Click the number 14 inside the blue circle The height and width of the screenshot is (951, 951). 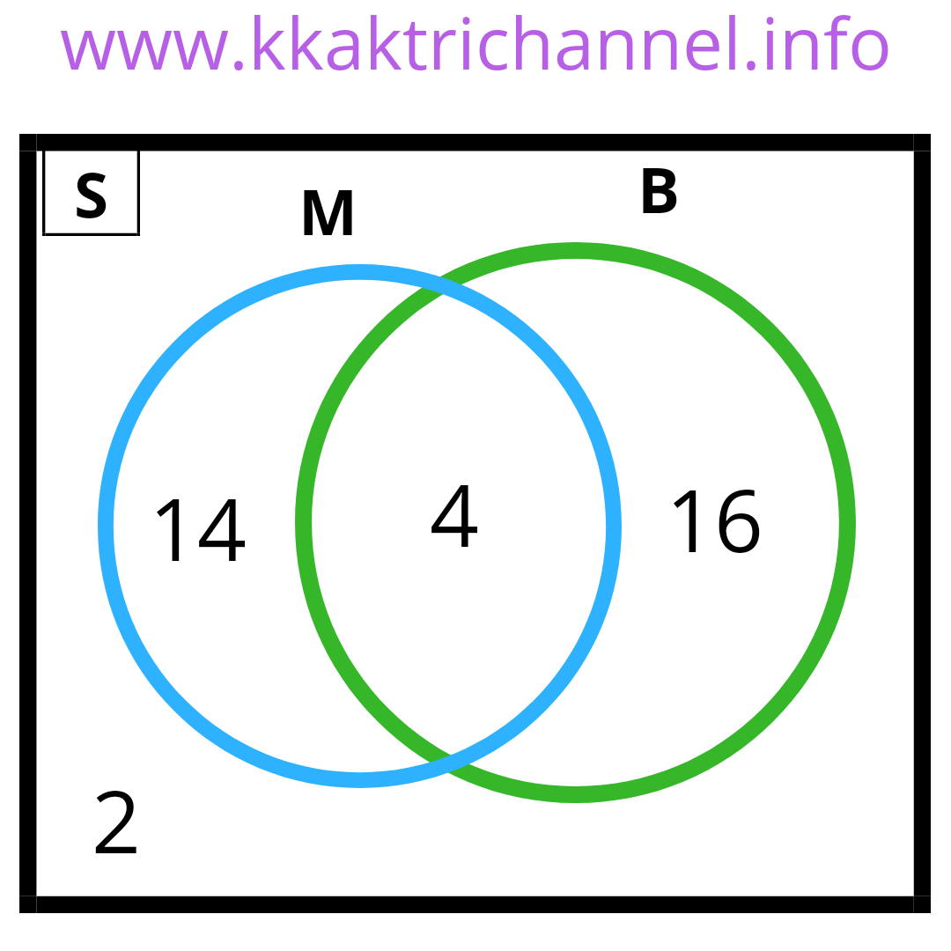pyautogui.click(x=200, y=531)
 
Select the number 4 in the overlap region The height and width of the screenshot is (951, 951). pyautogui.click(x=454, y=518)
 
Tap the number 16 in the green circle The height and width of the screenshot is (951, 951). pyautogui.click(x=714, y=522)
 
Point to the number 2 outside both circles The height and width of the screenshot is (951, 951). pyautogui.click(x=116, y=824)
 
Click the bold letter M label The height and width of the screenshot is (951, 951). pyautogui.click(x=328, y=215)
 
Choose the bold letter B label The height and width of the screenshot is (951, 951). pyautogui.click(x=659, y=192)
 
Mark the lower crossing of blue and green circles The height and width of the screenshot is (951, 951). pyautogui.click(x=450, y=763)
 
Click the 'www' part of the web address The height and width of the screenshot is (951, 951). pyautogui.click(x=143, y=49)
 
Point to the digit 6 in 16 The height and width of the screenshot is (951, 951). pyautogui.click(x=738, y=524)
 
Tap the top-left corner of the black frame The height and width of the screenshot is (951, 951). pyautogui.click(x=28, y=143)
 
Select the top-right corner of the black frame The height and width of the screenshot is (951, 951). pyautogui.click(x=922, y=143)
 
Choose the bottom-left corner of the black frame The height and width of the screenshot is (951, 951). pyautogui.click(x=28, y=904)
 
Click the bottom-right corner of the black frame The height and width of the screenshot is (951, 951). pyautogui.click(x=922, y=904)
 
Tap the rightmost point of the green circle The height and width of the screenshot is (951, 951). pyautogui.click(x=847, y=523)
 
